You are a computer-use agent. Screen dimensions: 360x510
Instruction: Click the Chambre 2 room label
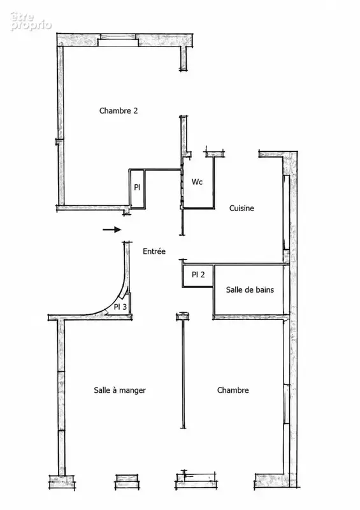pyautogui.click(x=119, y=110)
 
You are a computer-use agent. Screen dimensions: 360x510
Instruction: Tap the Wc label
pyautogui.click(x=197, y=182)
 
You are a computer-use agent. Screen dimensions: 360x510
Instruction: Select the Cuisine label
pyautogui.click(x=241, y=208)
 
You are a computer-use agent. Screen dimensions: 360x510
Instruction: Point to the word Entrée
pyautogui.click(x=154, y=251)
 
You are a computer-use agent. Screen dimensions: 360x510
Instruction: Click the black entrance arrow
pyautogui.click(x=112, y=229)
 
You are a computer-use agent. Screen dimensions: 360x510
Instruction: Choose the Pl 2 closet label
pyautogui.click(x=198, y=275)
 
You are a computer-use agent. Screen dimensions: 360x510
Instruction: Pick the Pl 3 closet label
pyautogui.click(x=120, y=307)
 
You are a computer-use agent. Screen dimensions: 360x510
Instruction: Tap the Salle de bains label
pyautogui.click(x=250, y=290)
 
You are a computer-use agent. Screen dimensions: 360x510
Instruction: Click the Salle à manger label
pyautogui.click(x=120, y=390)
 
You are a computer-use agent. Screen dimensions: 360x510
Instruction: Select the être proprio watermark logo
pyautogui.click(x=31, y=22)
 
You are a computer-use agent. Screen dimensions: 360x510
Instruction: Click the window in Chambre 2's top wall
pyautogui.click(x=119, y=40)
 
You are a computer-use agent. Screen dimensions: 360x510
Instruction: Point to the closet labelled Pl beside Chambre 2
pyautogui.click(x=137, y=189)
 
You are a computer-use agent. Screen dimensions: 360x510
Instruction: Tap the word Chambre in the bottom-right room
pyautogui.click(x=233, y=390)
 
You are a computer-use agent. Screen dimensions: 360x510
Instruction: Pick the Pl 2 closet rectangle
pyautogui.click(x=198, y=276)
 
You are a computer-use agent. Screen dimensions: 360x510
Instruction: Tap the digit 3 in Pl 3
pyautogui.click(x=124, y=307)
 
